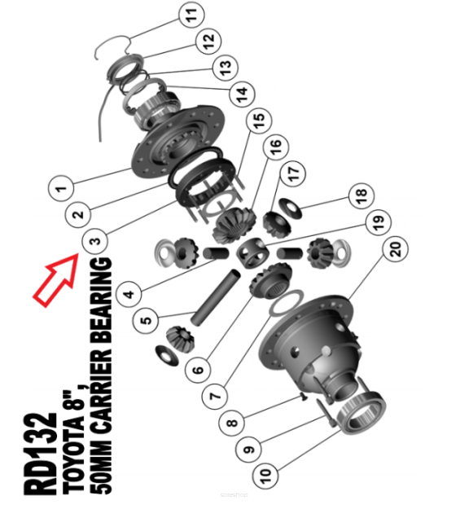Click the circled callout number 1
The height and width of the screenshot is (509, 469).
[x=61, y=188]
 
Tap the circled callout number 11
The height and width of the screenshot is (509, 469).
[x=191, y=15]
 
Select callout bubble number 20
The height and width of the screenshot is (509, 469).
[x=396, y=248]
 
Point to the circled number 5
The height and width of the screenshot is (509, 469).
[x=146, y=320]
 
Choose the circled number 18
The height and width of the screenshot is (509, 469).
[x=362, y=195]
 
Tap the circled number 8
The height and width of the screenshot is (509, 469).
[x=232, y=423]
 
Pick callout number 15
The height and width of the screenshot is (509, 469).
[x=259, y=120]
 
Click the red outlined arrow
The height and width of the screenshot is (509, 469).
[x=57, y=279]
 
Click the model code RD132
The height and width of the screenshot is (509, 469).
[x=40, y=454]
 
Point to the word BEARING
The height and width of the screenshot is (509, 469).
[x=101, y=300]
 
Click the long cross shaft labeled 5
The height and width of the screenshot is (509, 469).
[x=216, y=297]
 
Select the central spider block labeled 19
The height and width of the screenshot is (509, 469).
[x=253, y=253]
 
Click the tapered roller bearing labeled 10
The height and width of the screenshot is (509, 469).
[x=362, y=413]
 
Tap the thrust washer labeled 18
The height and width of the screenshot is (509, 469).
[x=291, y=208]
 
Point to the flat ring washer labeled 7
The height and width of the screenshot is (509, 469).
[x=287, y=303]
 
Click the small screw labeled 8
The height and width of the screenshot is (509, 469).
[x=304, y=397]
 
